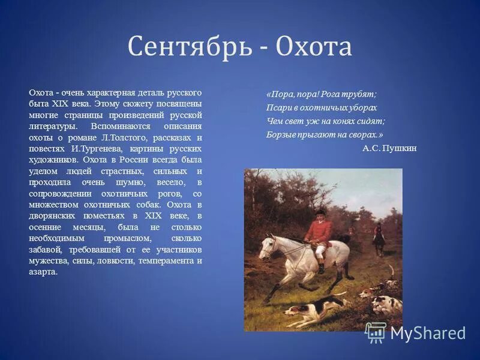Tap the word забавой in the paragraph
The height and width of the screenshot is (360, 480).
47,250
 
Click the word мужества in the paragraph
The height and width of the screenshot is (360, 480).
47,261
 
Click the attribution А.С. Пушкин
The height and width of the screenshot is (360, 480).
389,148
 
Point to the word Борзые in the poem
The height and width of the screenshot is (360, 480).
281,134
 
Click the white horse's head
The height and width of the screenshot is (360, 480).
268,246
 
